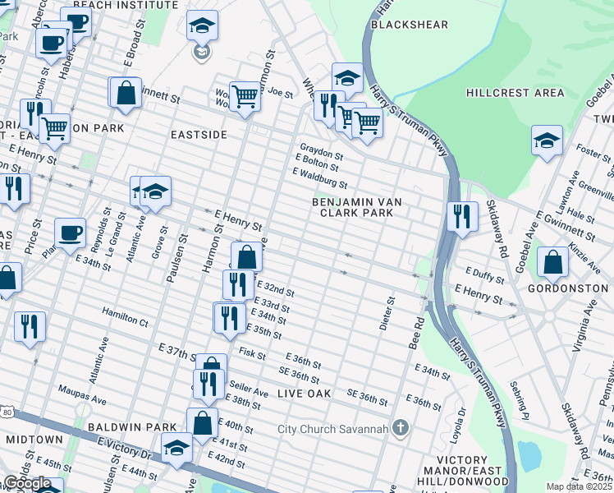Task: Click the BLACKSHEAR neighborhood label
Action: tap(410, 25)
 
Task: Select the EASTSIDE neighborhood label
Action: tap(199, 134)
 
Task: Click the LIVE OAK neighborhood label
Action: tap(304, 394)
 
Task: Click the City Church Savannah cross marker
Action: tap(400, 428)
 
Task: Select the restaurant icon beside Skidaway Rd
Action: tap(462, 216)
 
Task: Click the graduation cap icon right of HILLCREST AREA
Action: tap(547, 139)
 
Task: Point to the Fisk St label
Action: tap(249, 352)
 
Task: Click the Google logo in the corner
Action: tap(27, 483)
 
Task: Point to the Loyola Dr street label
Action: tap(461, 419)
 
